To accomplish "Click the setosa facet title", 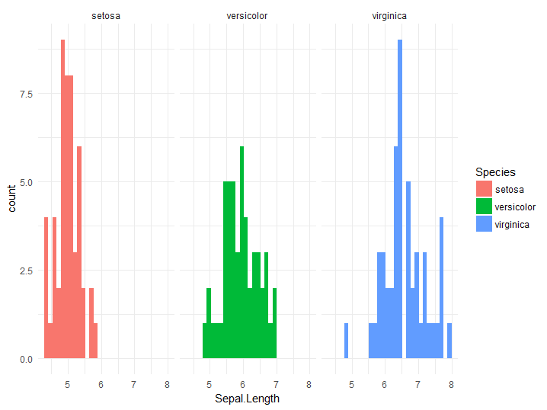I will click(x=105, y=15).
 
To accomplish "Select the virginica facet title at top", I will click(x=389, y=15).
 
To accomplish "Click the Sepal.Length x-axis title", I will click(x=247, y=398).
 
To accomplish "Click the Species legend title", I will click(x=495, y=173).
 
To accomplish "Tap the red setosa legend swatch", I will click(x=484, y=189).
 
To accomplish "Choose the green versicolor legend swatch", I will click(x=484, y=207).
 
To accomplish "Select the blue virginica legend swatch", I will click(x=484, y=224).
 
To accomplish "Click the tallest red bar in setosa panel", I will click(x=63, y=198).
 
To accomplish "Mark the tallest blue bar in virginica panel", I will click(x=399, y=198).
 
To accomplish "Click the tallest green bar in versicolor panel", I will click(x=242, y=251).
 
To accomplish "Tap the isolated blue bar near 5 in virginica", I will click(x=346, y=341).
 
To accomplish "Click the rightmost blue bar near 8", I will click(x=449, y=341).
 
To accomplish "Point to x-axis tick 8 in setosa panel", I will click(x=167, y=374).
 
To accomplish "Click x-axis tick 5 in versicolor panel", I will click(x=209, y=374).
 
